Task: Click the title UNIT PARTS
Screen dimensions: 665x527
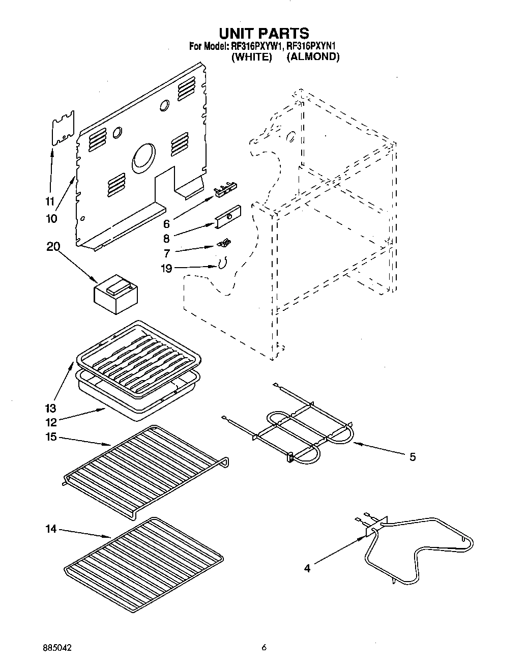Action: click(263, 34)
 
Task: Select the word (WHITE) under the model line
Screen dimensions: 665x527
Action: click(251, 57)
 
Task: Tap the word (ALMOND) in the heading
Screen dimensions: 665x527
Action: click(312, 57)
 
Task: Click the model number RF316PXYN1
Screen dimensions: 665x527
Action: click(311, 46)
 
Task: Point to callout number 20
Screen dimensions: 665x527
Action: click(53, 247)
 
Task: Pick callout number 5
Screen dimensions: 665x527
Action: click(412, 457)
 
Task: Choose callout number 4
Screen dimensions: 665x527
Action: click(307, 568)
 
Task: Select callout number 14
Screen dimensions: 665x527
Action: click(50, 529)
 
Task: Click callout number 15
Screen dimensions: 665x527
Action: click(50, 437)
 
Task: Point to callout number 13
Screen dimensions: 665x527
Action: click(50, 408)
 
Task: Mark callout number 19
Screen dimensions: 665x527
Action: click(166, 268)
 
